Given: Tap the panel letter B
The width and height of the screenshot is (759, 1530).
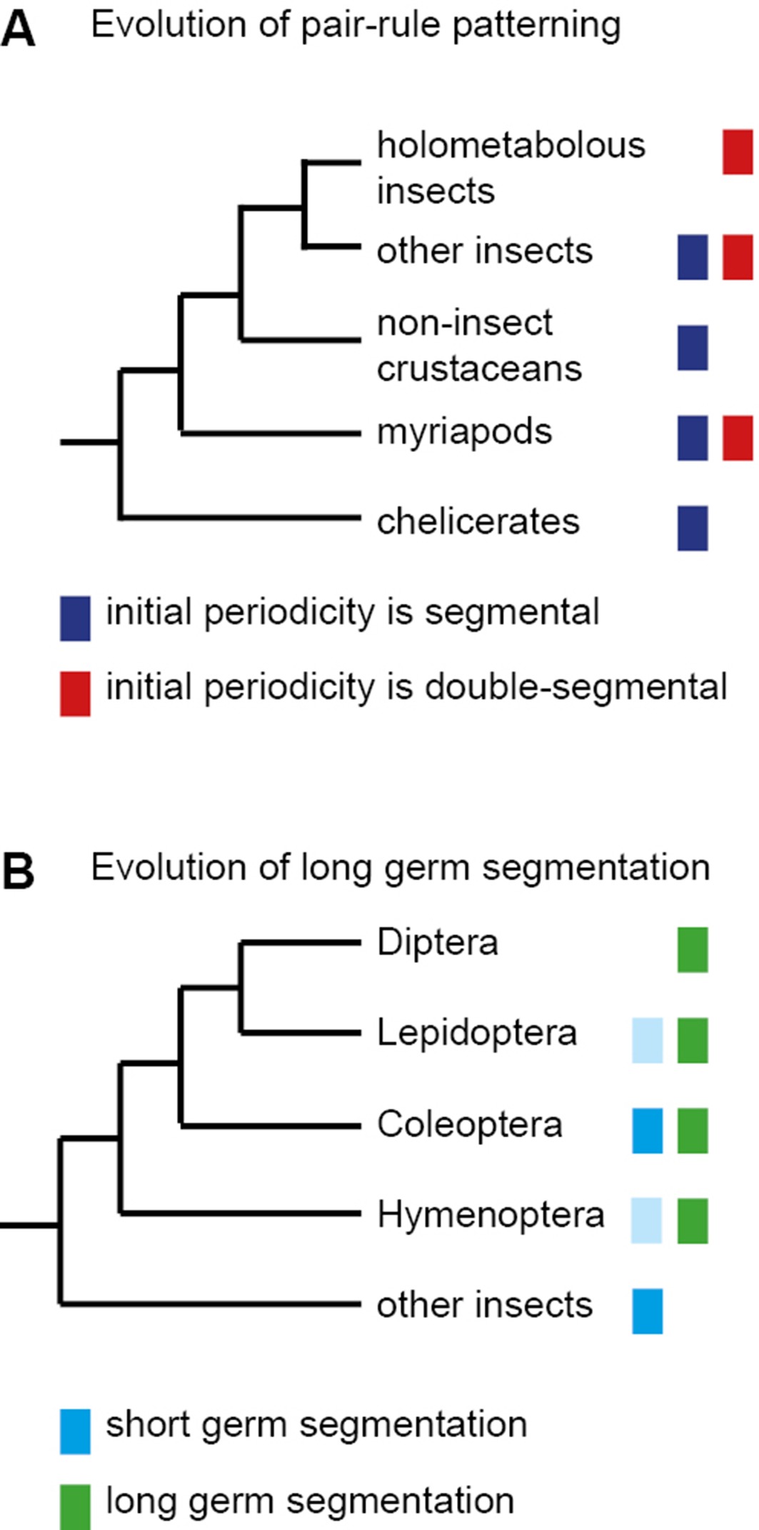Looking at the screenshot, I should pos(19,872).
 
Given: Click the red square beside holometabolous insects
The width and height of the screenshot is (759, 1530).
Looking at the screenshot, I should pos(738,151).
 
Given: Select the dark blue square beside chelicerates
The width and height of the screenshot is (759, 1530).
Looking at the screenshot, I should pos(693,528).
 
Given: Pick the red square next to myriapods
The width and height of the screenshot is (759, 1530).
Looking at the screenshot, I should pos(738,438).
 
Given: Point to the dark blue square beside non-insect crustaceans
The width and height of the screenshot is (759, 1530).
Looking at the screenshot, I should pos(693,348).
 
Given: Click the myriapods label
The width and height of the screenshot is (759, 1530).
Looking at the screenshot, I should pos(464,432).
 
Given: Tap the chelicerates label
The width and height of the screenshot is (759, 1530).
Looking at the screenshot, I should pos(478,522).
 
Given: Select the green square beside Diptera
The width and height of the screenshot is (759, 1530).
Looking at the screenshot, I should pos(693,950).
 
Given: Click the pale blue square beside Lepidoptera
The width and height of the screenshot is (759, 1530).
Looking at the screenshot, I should pos(647,1040).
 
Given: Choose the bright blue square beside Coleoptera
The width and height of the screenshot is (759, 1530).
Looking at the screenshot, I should pos(647,1130).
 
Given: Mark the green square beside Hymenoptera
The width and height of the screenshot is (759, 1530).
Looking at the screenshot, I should pos(693,1221).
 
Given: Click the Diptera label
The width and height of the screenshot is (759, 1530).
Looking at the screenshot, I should pos(437,942).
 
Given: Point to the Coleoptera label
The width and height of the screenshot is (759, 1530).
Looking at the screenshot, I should pos(469,1124).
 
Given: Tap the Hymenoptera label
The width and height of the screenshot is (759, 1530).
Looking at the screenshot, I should pos(490,1214).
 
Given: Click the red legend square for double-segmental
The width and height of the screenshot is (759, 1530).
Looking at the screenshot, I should pos(75,693).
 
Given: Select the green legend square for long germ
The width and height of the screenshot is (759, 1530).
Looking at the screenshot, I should pos(75,1506).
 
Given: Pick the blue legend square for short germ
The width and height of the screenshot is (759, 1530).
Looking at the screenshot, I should pos(75,1431).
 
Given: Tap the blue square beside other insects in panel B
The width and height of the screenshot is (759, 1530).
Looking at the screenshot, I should pos(647,1311).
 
